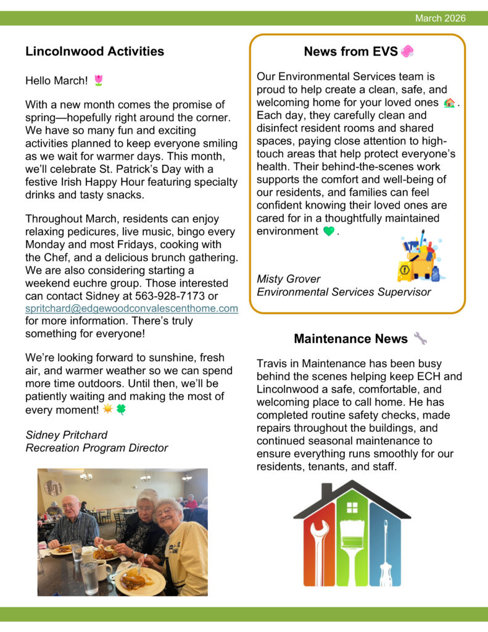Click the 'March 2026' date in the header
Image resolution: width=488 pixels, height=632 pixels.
coord(440,19)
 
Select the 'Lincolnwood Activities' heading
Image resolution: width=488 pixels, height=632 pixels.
coord(94,51)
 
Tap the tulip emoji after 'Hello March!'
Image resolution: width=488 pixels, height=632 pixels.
coord(98,80)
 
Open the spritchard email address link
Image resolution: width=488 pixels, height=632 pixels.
coord(131,308)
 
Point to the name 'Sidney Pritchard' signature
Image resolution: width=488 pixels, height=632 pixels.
coord(66,434)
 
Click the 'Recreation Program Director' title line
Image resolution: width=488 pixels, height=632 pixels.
coord(96,447)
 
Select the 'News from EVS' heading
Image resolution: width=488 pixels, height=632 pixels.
coord(350,52)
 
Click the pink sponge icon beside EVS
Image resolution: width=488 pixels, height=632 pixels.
coord(407,52)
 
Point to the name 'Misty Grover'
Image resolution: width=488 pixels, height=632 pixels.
coord(288,279)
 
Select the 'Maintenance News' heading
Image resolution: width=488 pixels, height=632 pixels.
coord(350,338)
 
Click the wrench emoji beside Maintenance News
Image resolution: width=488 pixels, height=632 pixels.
coord(420,338)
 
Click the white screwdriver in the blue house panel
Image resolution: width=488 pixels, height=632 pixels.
coord(385,552)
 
